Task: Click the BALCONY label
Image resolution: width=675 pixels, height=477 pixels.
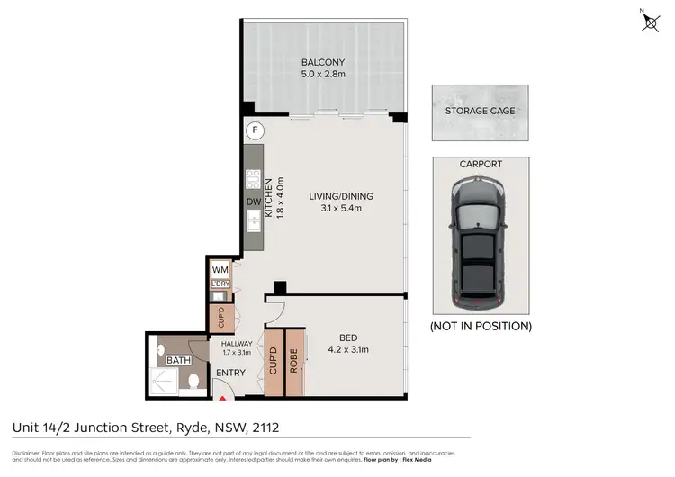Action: coord(322,62)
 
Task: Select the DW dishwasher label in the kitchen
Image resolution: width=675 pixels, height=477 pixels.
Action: coord(254,202)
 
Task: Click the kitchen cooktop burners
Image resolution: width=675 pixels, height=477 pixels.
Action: coord(254,177)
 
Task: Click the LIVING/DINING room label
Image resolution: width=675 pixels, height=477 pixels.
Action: coord(340,196)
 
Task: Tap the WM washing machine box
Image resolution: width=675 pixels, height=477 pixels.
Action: coord(220,269)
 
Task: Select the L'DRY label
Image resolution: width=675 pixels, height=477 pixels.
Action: coord(220,284)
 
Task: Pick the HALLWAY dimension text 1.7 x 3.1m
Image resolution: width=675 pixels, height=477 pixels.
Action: coord(236,353)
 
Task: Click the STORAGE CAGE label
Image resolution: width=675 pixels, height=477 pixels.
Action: coord(480,112)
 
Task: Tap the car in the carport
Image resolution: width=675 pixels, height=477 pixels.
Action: coord(479,238)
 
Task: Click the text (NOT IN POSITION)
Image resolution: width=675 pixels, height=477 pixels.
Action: coord(480,325)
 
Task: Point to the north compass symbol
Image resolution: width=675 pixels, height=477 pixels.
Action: coord(650,22)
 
